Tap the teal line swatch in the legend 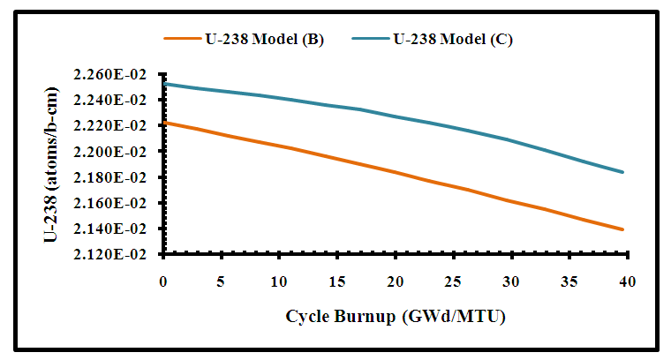pos(371,40)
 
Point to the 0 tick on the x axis pos(162,281)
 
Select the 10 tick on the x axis pos(279,281)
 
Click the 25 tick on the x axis pos(453,281)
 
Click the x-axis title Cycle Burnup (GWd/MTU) pos(394,316)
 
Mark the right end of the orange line pos(623,229)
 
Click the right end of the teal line pos(623,172)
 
